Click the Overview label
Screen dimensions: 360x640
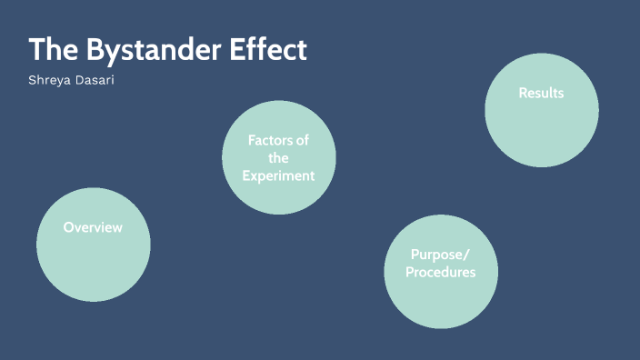(x=93, y=227)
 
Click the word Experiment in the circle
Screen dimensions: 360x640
(x=278, y=175)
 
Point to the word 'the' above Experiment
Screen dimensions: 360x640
(x=278, y=158)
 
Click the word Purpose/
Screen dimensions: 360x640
(x=440, y=255)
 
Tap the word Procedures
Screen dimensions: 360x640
(x=440, y=272)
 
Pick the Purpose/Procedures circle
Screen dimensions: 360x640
(x=440, y=300)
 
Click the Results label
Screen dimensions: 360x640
(x=541, y=93)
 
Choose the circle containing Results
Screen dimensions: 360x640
(x=541, y=127)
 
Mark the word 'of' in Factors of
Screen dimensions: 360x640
(x=303, y=140)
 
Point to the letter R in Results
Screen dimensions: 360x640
(x=523, y=93)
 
